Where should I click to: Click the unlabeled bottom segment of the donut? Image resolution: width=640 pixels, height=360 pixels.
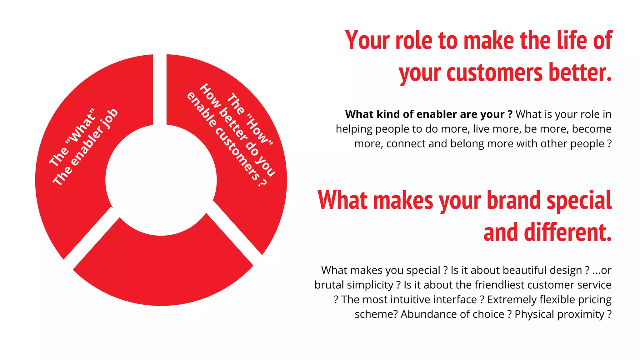[162, 269]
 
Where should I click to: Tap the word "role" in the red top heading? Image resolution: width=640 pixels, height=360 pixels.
[414, 41]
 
